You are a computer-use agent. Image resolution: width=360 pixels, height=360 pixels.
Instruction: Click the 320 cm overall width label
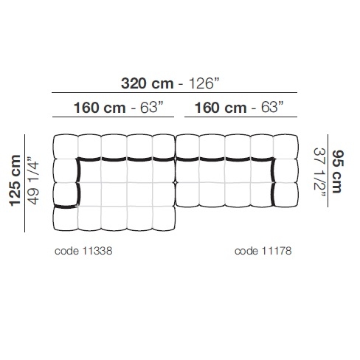point(147,83)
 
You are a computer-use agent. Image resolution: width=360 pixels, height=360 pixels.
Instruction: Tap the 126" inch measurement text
point(204,83)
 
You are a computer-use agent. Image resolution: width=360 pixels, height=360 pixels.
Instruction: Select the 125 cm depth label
point(15,181)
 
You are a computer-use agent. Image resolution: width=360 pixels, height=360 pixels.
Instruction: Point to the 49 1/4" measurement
point(33,181)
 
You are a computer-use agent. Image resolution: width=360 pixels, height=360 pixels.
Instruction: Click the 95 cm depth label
point(337,171)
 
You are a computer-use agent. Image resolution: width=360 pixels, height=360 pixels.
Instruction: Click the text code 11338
point(83,251)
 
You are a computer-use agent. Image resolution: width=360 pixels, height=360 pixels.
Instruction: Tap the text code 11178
point(263,251)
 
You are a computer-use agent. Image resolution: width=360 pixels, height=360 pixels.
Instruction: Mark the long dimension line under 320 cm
point(174,93)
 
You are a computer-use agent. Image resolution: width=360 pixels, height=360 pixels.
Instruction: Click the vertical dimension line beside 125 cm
point(24,183)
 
